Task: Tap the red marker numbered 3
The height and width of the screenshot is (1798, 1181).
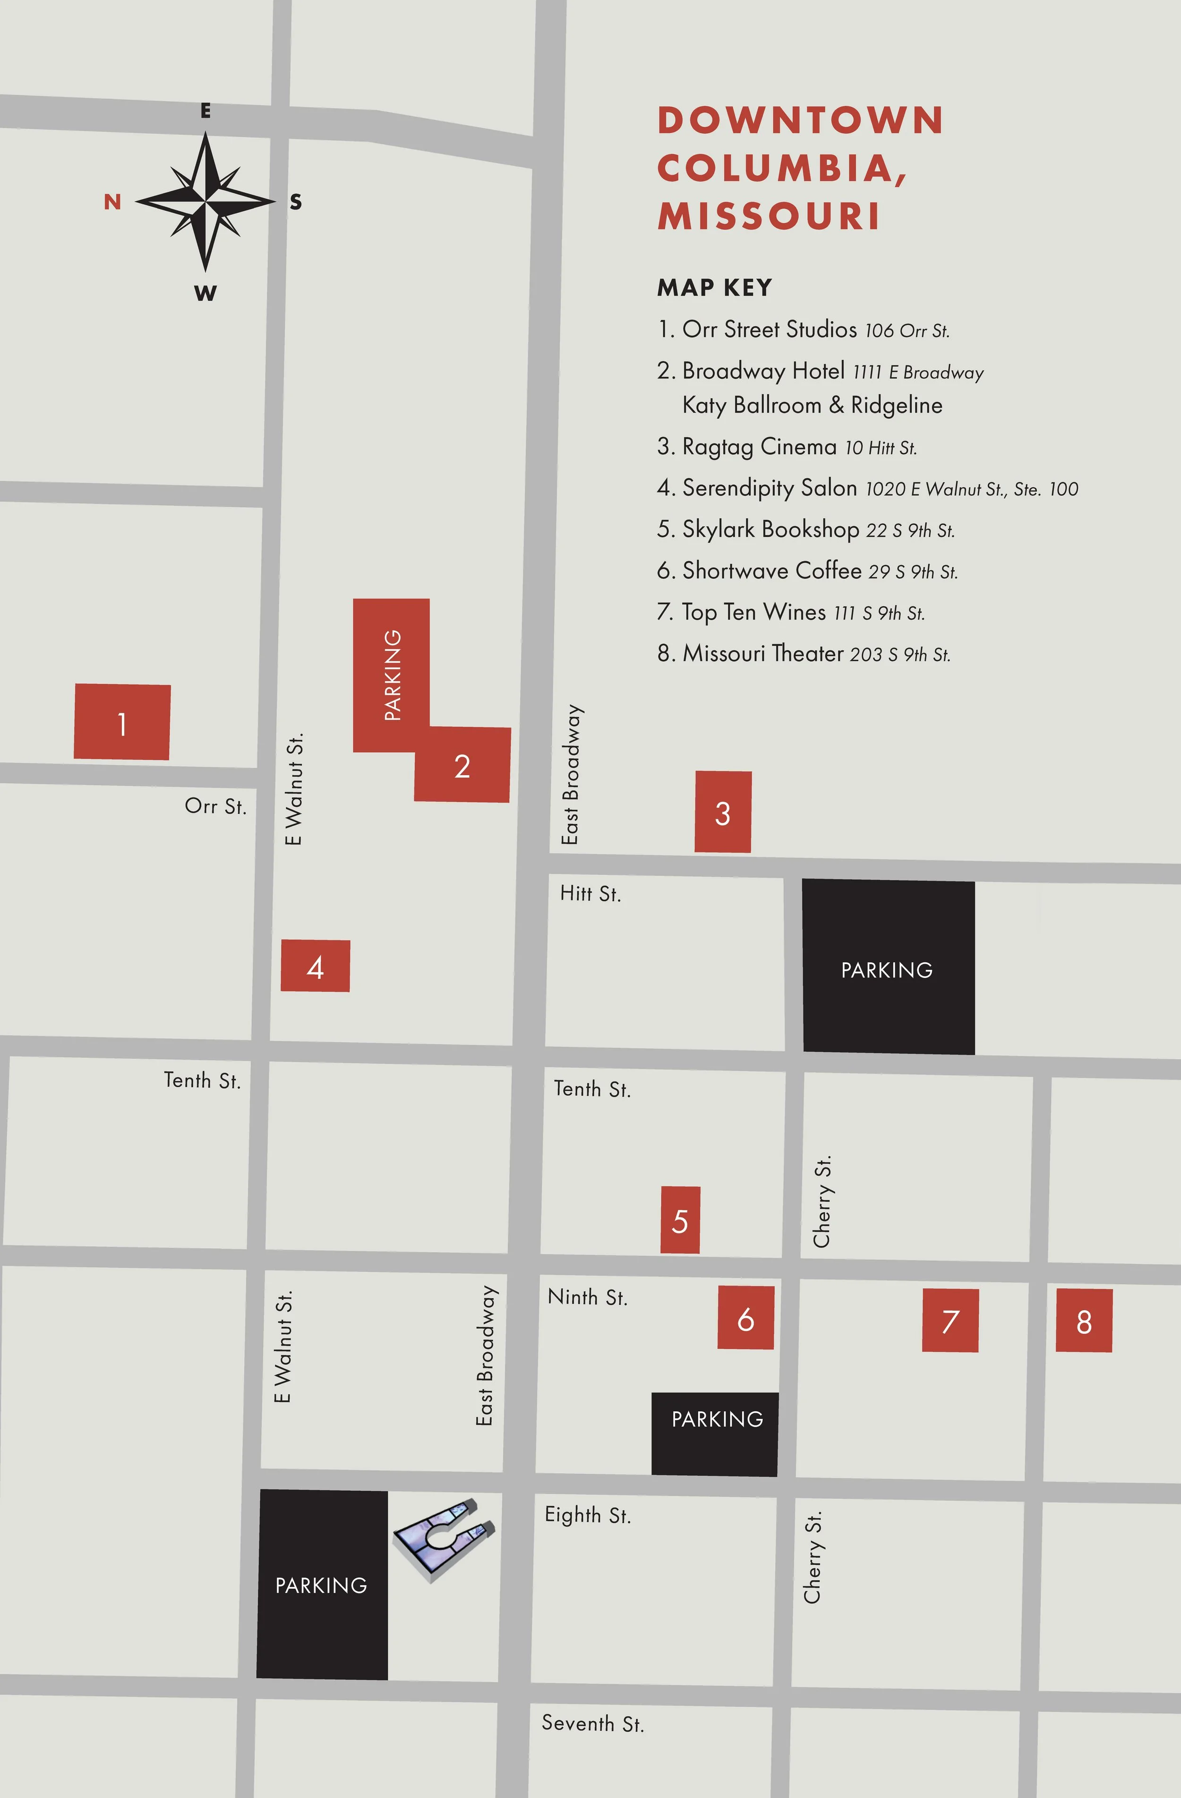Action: point(723,812)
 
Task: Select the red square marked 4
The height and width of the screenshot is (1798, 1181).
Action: point(315,966)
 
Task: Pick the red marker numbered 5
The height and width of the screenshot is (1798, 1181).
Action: point(680,1219)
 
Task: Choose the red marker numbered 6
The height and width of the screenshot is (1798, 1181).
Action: point(745,1317)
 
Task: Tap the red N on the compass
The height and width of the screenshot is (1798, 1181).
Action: point(112,202)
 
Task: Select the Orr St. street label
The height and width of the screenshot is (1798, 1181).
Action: point(215,806)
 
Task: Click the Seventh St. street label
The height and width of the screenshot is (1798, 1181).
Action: point(593,1723)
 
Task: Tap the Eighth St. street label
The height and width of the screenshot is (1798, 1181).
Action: point(588,1515)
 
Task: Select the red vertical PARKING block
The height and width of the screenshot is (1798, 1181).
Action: point(391,674)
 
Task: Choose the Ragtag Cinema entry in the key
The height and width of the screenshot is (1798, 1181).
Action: point(787,447)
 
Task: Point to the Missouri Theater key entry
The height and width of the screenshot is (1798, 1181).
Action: point(804,654)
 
